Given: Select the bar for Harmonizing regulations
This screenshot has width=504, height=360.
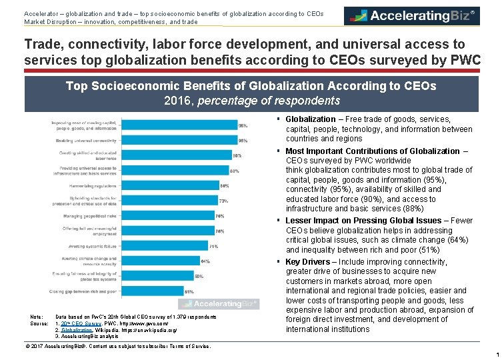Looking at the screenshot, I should (x=171, y=185).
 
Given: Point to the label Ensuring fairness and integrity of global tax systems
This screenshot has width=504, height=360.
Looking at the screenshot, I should (x=89, y=276).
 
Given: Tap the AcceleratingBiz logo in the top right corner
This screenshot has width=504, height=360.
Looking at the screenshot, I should (x=412, y=16).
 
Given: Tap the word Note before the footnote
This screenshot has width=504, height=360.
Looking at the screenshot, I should (x=37, y=316).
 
